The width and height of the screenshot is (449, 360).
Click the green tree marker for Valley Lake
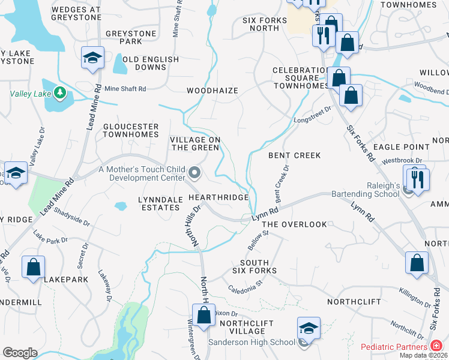point(59,93)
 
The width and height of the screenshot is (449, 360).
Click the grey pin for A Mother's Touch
point(194,173)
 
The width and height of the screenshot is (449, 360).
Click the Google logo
point(19,353)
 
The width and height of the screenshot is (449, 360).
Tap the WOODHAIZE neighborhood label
point(212,91)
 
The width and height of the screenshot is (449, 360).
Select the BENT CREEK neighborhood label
point(294,155)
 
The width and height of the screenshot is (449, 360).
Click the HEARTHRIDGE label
point(218,197)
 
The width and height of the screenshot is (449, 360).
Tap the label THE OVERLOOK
point(294,224)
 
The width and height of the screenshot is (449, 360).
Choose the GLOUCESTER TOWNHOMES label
point(131,131)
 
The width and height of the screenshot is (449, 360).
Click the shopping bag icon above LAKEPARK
point(34,267)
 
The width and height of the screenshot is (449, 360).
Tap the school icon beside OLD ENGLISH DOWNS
point(92,58)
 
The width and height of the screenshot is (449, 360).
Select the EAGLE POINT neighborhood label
point(401,146)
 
